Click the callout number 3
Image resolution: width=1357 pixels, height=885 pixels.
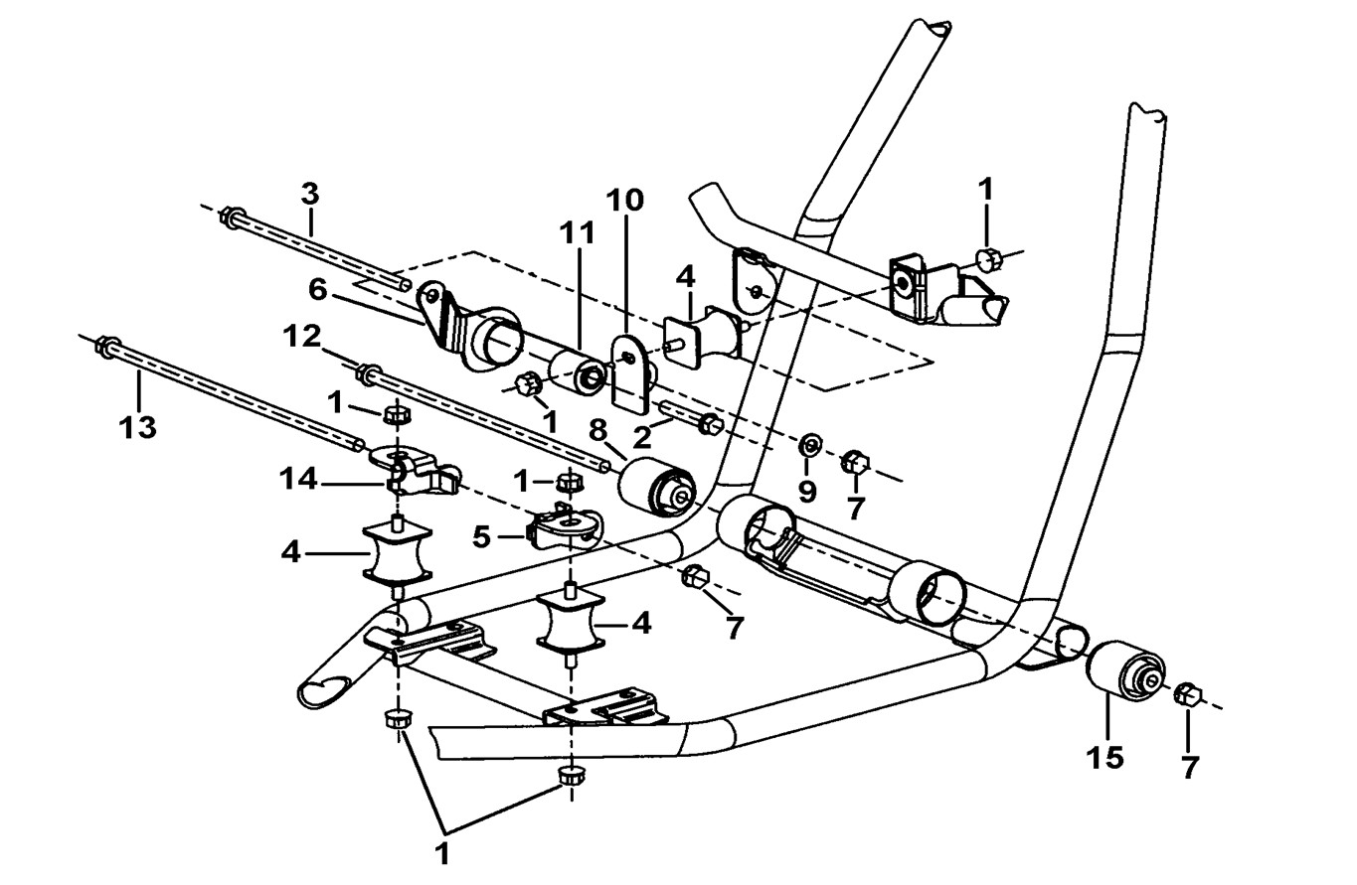point(310,193)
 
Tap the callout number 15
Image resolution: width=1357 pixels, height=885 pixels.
point(1104,758)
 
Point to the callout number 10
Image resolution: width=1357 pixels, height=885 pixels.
point(625,200)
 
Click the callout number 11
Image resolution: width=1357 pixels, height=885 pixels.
point(576,233)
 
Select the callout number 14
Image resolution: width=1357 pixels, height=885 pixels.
point(297,480)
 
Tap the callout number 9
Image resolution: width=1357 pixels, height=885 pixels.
point(805,491)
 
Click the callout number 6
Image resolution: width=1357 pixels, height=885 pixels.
point(317,290)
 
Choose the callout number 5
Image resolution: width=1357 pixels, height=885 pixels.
point(481,537)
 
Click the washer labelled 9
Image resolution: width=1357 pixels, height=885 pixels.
point(808,443)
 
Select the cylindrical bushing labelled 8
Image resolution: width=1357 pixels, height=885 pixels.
point(658,489)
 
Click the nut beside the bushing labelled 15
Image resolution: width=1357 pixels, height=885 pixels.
point(1186,694)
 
